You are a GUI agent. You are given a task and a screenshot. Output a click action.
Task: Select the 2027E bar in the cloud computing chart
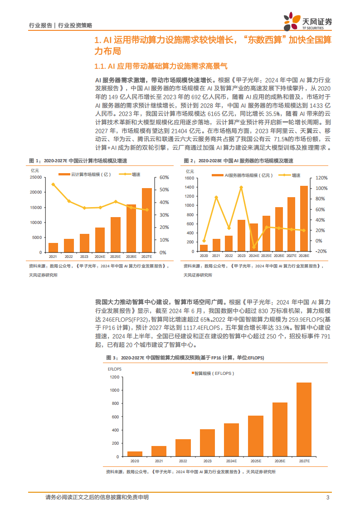[x=147, y=220]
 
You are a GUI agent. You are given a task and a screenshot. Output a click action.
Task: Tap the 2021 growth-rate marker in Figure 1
[x=53, y=184]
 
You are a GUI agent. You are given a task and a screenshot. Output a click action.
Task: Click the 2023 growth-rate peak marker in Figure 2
[x=241, y=187]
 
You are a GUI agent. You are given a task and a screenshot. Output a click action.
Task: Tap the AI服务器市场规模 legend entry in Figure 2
[x=245, y=175]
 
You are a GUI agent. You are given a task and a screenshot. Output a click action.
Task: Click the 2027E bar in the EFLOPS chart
[x=304, y=419]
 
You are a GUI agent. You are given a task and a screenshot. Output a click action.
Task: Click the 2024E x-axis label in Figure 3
[x=231, y=461]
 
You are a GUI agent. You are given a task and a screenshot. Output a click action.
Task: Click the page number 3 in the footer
[x=327, y=498]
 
